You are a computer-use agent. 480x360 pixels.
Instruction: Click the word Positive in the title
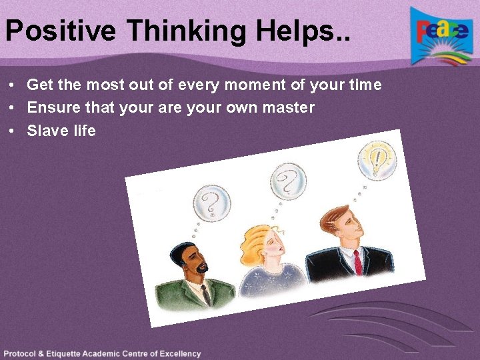pyautogui.click(x=61, y=31)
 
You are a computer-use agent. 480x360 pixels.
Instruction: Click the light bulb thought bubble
pyautogui.click(x=377, y=159)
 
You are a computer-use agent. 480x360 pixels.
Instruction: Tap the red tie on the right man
pyautogui.click(x=358, y=262)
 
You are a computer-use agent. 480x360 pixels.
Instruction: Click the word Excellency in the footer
pyautogui.click(x=179, y=354)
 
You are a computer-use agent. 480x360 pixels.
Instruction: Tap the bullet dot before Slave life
pyautogui.click(x=13, y=131)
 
